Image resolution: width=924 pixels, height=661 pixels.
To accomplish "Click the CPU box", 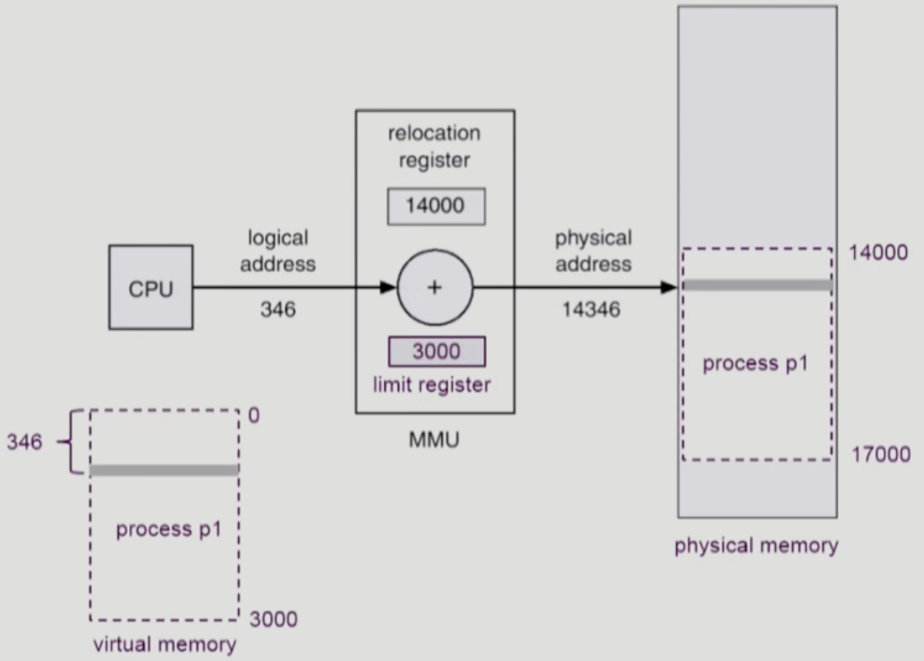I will tap(150, 288).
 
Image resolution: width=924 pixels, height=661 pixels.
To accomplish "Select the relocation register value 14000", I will tap(436, 206).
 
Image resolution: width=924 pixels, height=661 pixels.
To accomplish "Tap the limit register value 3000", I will tap(436, 351).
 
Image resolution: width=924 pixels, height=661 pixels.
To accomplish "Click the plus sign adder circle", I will tap(434, 288).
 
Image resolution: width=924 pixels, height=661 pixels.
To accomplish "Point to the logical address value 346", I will tap(278, 310).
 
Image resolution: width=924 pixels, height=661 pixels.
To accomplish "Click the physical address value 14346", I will tap(591, 310).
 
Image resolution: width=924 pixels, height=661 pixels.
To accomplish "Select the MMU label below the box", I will tap(434, 439).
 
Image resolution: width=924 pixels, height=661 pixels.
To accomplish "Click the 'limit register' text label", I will tap(431, 385).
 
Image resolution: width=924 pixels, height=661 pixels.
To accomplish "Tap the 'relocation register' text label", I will tap(434, 147).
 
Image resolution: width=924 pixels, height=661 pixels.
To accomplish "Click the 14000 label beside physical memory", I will tap(878, 253).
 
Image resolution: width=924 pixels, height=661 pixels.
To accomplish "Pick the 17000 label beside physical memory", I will tap(881, 454).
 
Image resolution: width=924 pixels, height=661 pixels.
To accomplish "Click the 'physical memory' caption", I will tap(756, 546).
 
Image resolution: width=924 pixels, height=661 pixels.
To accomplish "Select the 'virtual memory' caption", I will tap(164, 645).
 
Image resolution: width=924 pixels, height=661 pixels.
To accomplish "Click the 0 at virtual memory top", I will tap(254, 415).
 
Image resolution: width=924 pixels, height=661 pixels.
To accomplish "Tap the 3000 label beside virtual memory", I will tap(273, 620).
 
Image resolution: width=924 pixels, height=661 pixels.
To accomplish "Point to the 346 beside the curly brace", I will tap(25, 442).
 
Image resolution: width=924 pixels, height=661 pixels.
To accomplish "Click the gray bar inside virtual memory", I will tap(164, 470).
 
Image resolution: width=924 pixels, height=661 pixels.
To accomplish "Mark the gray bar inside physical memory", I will tap(757, 286).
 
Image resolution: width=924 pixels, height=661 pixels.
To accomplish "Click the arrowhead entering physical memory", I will tap(668, 288).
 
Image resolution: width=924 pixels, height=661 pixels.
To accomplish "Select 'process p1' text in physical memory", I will tap(755, 364).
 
